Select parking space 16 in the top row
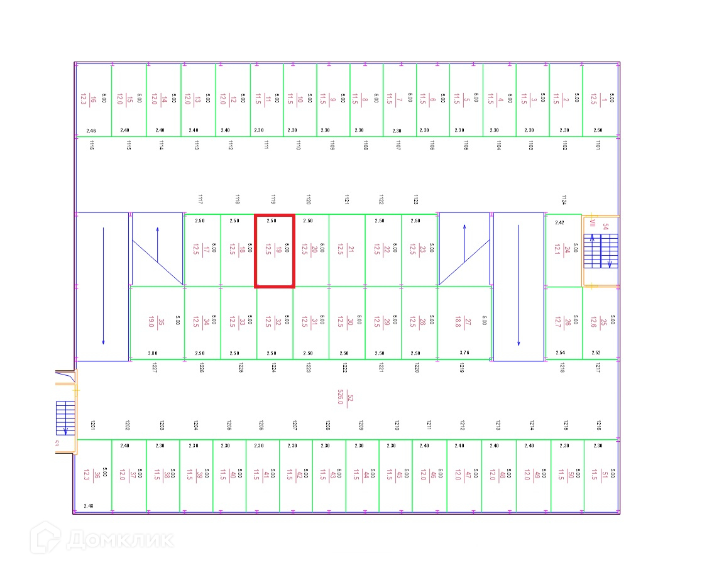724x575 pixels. tap(93, 99)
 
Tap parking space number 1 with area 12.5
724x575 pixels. tap(600, 99)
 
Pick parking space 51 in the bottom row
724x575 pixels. tap(601, 475)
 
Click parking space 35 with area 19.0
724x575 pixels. tap(156, 322)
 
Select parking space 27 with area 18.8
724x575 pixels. tap(463, 322)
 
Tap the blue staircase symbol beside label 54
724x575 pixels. tap(600, 251)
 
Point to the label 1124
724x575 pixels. tap(564, 200)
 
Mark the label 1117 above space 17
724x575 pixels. tap(200, 200)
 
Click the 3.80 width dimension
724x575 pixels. tap(153, 353)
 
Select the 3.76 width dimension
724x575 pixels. tap(464, 353)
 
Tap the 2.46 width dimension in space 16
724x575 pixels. tap(91, 131)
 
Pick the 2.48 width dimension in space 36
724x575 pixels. tap(89, 506)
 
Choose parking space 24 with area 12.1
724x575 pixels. tap(563, 251)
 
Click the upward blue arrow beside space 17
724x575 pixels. tap(157, 245)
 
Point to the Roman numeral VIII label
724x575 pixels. tap(591, 222)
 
